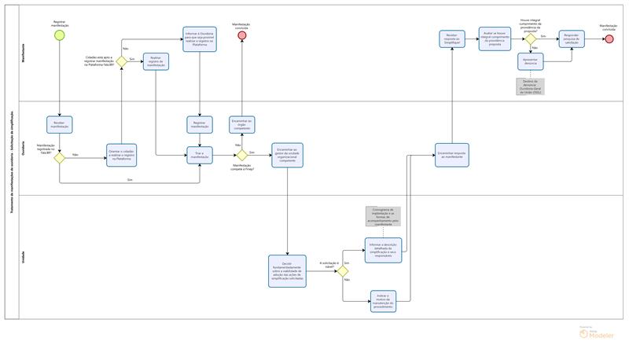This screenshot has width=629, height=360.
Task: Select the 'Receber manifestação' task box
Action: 59,124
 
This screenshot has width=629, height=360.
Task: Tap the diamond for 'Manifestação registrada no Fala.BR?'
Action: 59,157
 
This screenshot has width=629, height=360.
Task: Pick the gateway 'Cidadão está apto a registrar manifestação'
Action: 122,61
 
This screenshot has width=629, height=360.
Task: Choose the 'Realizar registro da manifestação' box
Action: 156,62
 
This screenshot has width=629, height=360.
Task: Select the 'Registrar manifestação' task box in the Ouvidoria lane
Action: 200,124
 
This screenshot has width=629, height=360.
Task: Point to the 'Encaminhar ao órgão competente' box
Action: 242,124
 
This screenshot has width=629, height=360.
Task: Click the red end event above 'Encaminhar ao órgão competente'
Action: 242,36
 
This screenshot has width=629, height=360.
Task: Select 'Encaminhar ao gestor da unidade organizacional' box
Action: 287,154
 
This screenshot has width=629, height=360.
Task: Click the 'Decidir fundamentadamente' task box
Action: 287,271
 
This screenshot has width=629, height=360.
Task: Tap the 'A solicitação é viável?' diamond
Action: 343,271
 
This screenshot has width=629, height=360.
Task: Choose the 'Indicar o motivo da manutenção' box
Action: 383,299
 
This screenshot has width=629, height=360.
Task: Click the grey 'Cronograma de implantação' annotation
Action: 383,215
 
